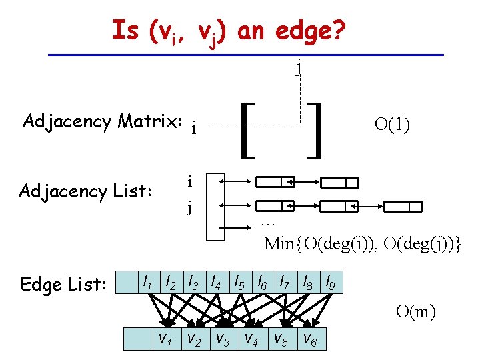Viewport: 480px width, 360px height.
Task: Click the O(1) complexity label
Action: pyautogui.click(x=392, y=125)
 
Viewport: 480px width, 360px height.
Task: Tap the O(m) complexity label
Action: pyautogui.click(x=415, y=311)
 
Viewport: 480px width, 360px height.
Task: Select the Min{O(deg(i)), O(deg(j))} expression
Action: pyautogui.click(x=363, y=243)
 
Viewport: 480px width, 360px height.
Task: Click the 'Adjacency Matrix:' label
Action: pyautogui.click(x=103, y=121)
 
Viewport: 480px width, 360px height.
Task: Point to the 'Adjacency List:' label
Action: pyautogui.click(x=86, y=191)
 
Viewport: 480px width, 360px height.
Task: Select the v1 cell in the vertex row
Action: pyautogui.click(x=164, y=339)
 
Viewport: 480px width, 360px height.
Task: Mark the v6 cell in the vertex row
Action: pyautogui.click(x=310, y=339)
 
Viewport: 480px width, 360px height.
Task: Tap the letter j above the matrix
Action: pyautogui.click(x=299, y=67)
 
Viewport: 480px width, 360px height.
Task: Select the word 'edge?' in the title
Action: pyautogui.click(x=313, y=30)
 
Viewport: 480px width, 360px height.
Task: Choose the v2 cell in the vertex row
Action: pyautogui.click(x=193, y=339)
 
